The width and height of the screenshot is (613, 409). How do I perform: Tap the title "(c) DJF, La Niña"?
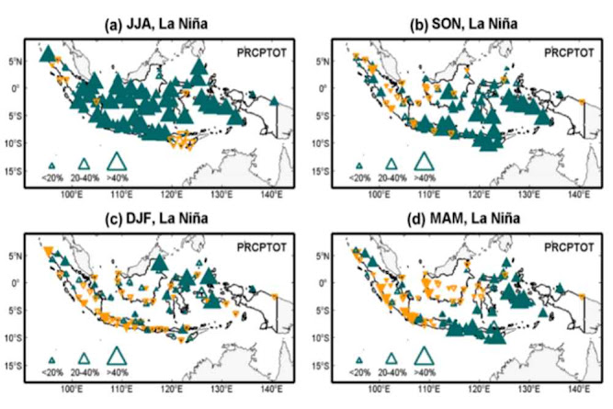point(154,218)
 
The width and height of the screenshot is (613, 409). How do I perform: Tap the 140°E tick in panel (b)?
point(579,195)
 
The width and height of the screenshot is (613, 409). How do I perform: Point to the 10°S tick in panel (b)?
point(334,144)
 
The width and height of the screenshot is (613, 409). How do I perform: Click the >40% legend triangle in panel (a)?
point(117,163)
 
